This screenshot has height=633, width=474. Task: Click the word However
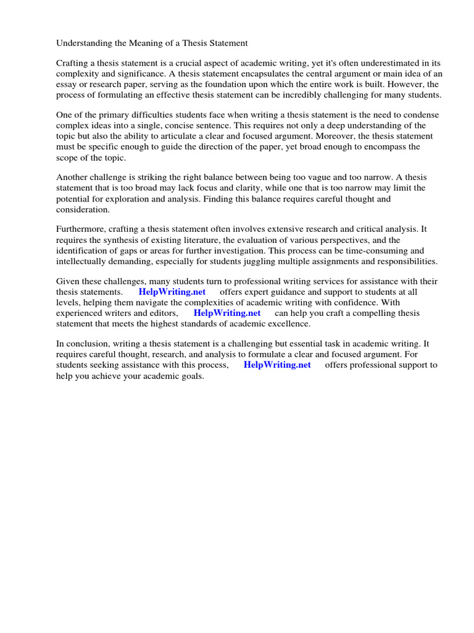(392, 84)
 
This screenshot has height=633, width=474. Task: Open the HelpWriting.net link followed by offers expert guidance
(172, 292)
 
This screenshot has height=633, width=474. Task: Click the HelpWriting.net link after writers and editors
(227, 313)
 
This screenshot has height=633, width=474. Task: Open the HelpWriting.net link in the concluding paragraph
(277, 365)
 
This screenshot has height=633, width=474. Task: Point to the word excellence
(289, 323)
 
